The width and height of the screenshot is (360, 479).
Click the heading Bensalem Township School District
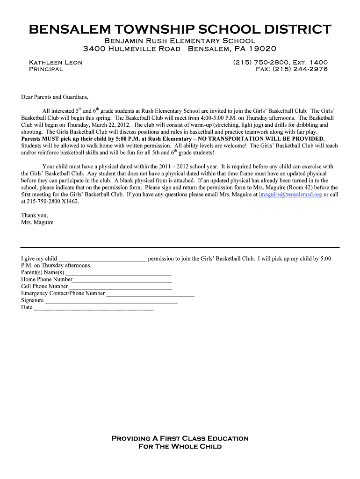(x=180, y=30)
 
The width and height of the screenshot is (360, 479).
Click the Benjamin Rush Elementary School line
(x=180, y=41)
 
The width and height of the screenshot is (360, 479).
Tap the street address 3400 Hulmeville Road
(x=131, y=49)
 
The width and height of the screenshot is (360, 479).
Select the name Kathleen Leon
(x=56, y=62)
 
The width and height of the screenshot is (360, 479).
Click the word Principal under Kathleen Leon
(x=46, y=69)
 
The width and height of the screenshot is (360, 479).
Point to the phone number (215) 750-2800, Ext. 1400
(x=280, y=62)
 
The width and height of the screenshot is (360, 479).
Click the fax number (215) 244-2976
(x=291, y=69)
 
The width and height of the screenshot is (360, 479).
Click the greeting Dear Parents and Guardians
(x=55, y=97)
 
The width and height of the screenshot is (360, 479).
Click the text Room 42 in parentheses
(x=302, y=188)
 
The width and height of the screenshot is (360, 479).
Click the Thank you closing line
(x=35, y=215)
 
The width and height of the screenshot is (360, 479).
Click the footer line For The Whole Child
(x=180, y=446)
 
